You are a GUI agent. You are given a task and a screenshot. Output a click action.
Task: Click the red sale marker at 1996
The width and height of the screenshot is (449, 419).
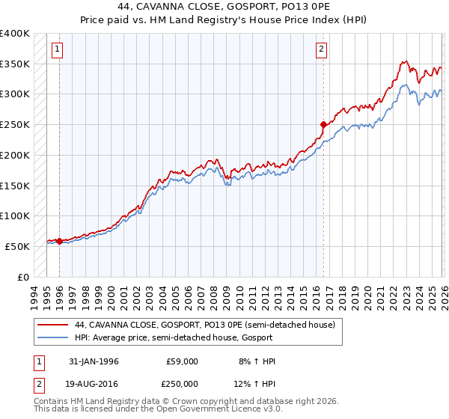pos(59,241)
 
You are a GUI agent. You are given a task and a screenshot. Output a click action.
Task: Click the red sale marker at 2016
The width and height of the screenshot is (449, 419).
pos(323,125)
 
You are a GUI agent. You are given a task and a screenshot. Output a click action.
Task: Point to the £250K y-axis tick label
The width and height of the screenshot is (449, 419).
pos(15,125)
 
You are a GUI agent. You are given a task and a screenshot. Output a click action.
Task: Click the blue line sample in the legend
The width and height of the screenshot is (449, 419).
pos(52,338)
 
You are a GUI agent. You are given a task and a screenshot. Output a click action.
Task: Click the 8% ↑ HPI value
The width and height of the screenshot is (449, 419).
pos(256,361)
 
